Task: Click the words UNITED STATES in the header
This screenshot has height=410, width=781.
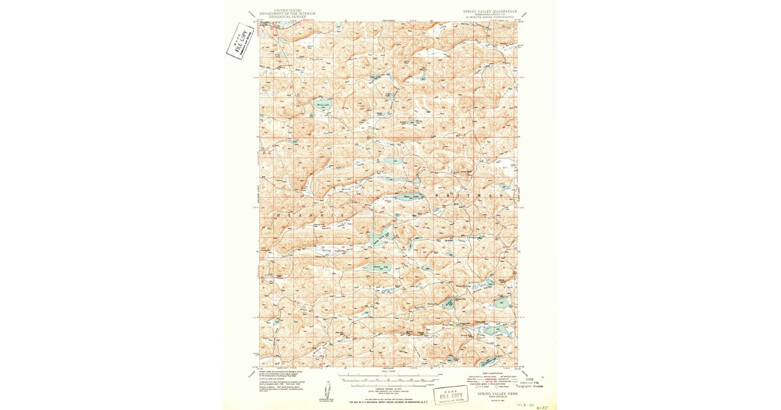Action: point(288,10)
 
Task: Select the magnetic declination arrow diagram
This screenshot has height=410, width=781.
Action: point(324,391)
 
